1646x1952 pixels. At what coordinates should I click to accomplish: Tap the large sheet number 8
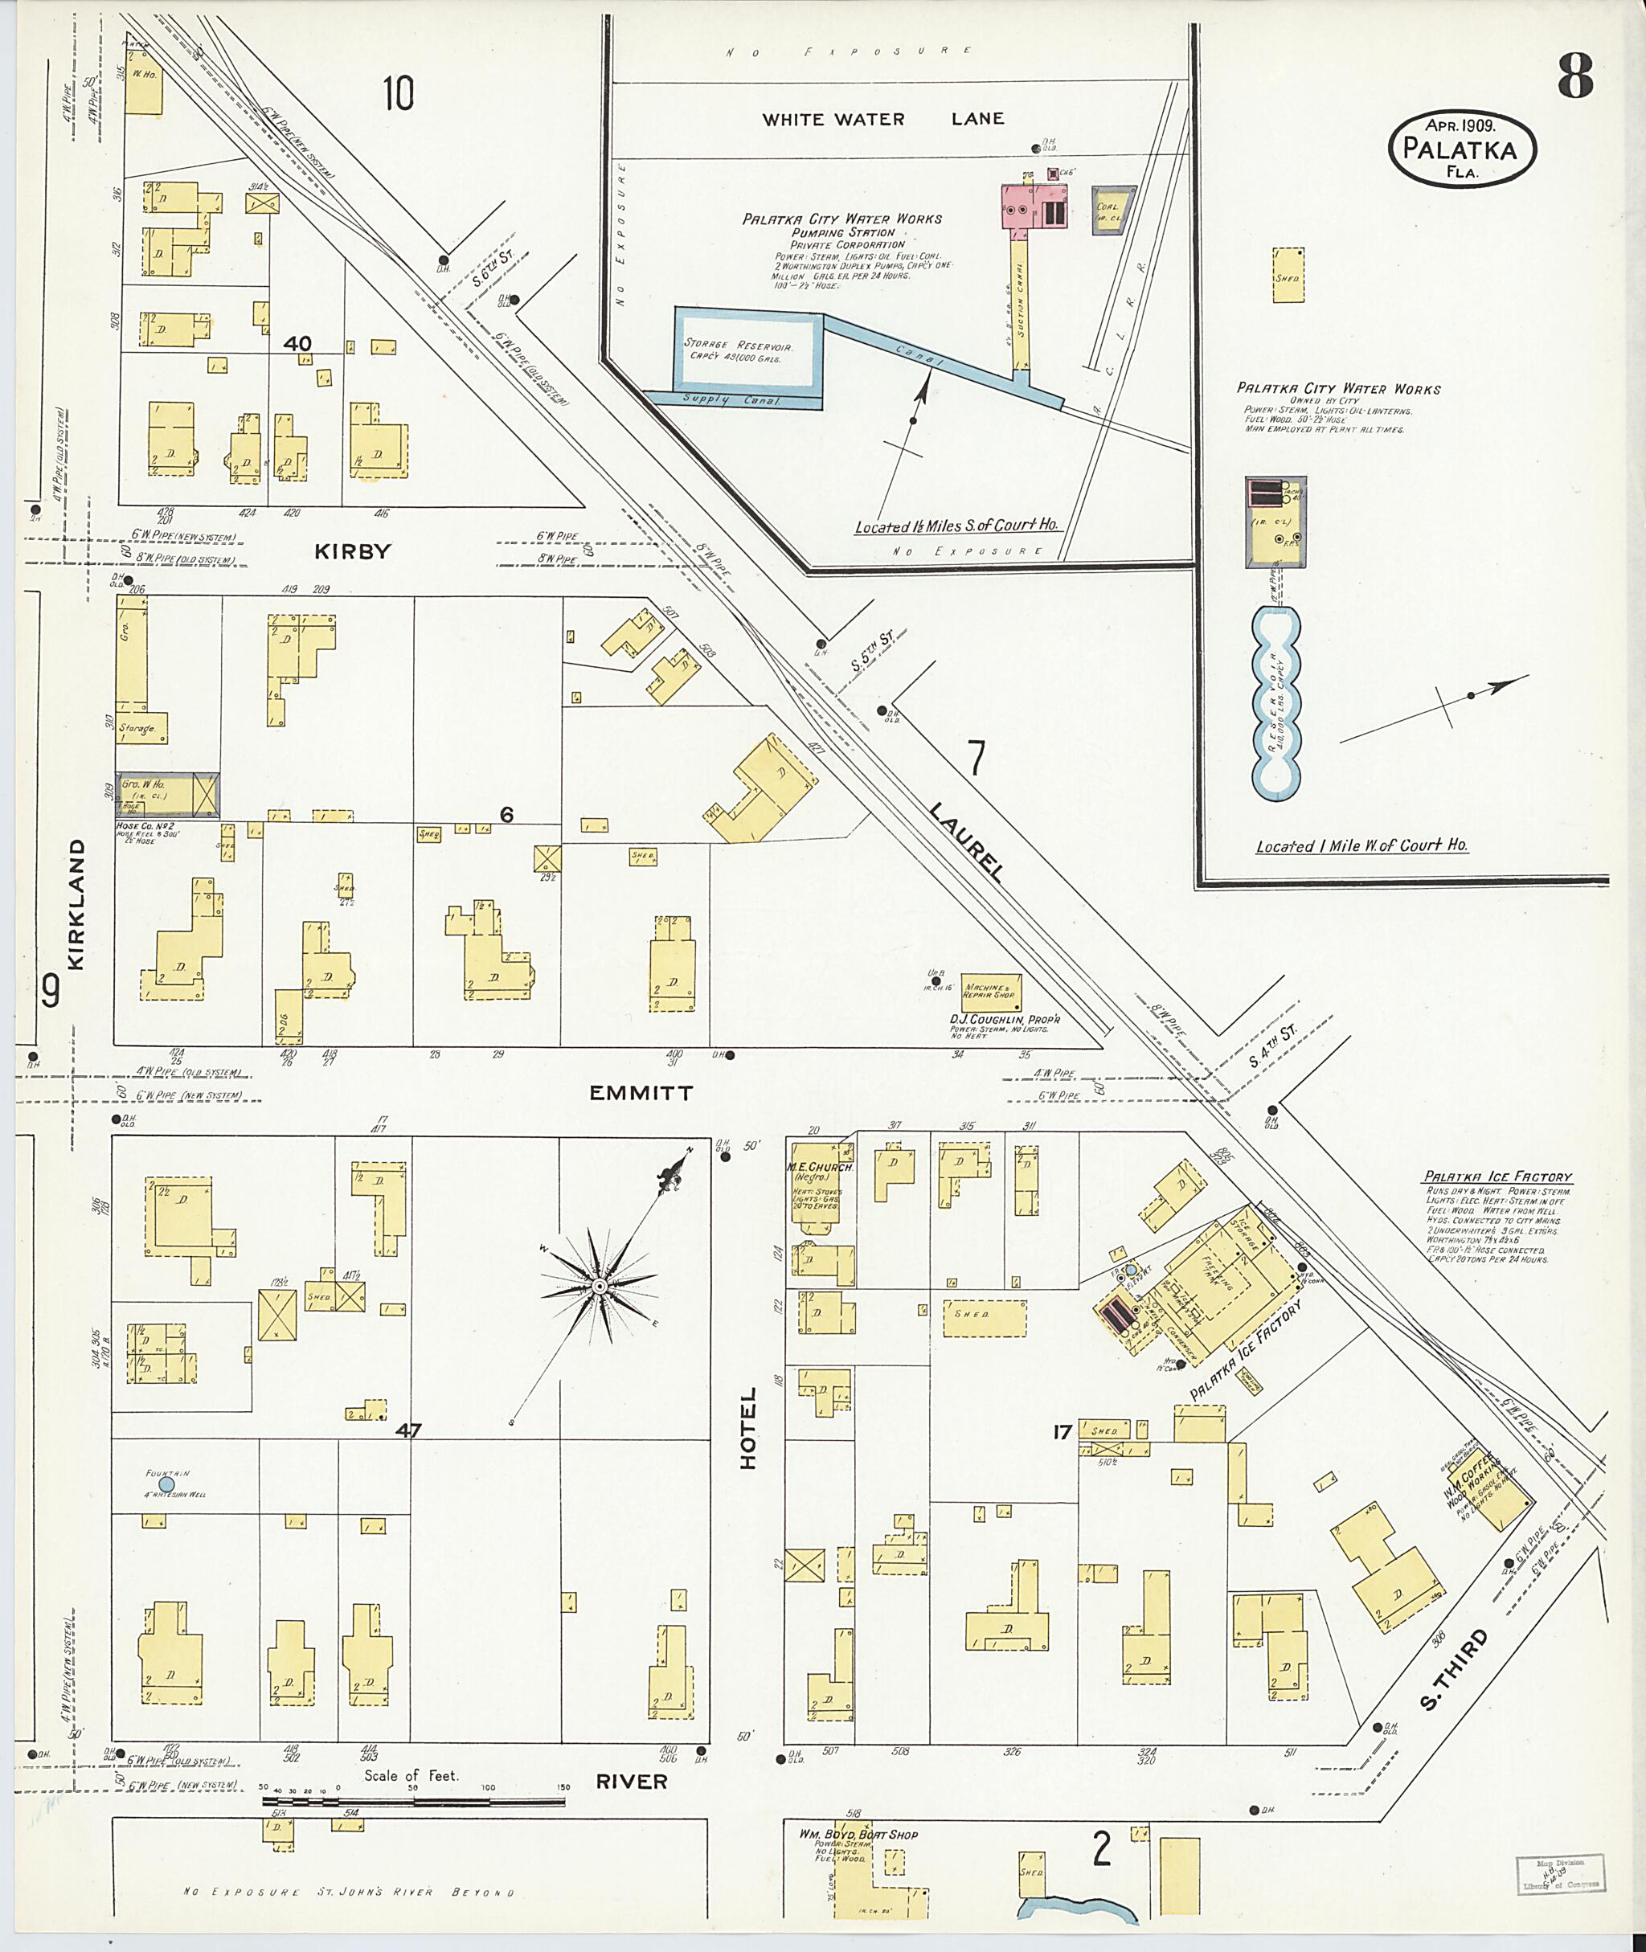[x=1574, y=77]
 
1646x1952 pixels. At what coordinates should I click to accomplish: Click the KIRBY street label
[x=352, y=551]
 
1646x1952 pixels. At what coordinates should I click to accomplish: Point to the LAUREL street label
[x=966, y=841]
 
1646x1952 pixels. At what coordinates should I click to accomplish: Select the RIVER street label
[x=632, y=1782]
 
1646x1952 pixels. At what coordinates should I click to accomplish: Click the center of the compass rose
[x=599, y=1287]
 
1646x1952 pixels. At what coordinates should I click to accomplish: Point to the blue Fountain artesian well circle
[x=166, y=1483]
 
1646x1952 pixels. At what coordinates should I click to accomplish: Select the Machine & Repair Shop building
[x=991, y=991]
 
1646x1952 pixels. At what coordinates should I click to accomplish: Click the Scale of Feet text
[x=411, y=1776]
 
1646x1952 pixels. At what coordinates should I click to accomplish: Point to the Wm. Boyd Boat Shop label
[x=858, y=1835]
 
